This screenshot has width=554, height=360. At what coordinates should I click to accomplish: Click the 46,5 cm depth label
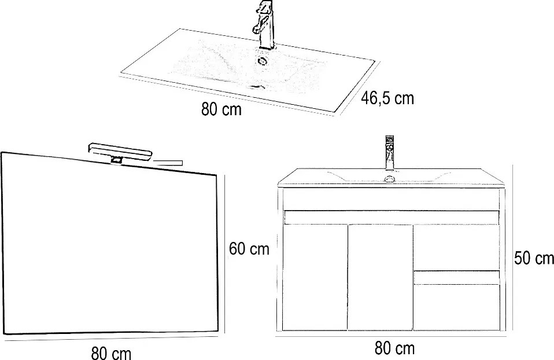click(x=387, y=98)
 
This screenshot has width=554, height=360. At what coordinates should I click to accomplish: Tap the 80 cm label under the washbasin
click(x=221, y=109)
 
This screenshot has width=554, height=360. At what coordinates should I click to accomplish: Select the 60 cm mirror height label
click(x=249, y=249)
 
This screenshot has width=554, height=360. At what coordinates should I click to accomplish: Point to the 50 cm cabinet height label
click(x=534, y=258)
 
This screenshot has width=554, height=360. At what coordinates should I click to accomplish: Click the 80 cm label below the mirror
click(x=111, y=353)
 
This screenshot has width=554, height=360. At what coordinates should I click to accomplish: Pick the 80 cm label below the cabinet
click(x=394, y=348)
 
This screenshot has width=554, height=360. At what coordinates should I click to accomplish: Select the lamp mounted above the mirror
click(x=120, y=153)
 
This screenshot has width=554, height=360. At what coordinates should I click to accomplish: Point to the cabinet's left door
click(x=315, y=278)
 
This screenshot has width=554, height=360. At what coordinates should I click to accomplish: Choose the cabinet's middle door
click(x=380, y=278)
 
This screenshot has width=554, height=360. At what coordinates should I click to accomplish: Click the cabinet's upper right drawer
click(x=456, y=248)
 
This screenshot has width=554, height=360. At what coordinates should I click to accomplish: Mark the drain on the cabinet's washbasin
click(x=390, y=179)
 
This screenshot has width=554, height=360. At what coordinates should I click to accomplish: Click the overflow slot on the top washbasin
click(x=257, y=86)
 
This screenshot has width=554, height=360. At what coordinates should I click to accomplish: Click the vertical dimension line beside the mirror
click(x=225, y=254)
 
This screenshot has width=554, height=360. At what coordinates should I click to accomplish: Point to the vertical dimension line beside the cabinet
click(x=512, y=248)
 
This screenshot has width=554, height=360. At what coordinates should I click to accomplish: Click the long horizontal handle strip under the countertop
click(x=392, y=218)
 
